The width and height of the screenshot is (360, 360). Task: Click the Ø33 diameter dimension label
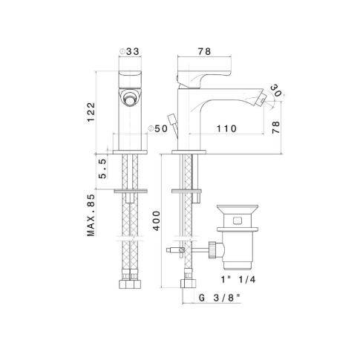129,51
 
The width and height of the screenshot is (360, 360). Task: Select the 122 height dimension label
91,112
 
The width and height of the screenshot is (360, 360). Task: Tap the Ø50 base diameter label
157,128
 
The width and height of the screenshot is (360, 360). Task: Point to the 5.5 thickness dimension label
102,168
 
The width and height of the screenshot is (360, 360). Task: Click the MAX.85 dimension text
91,215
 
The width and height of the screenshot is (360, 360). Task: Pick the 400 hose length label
157,220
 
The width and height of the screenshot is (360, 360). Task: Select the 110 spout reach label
226,128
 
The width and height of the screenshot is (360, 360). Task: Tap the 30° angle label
277,91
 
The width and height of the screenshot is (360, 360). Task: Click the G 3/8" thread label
220,298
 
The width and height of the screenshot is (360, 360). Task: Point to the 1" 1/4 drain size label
238,280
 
